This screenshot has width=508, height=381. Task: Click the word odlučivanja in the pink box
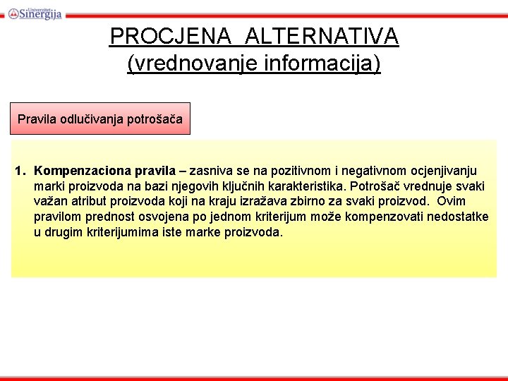(92, 119)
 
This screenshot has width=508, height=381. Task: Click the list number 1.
(20, 171)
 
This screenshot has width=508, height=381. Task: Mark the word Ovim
(452, 202)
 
